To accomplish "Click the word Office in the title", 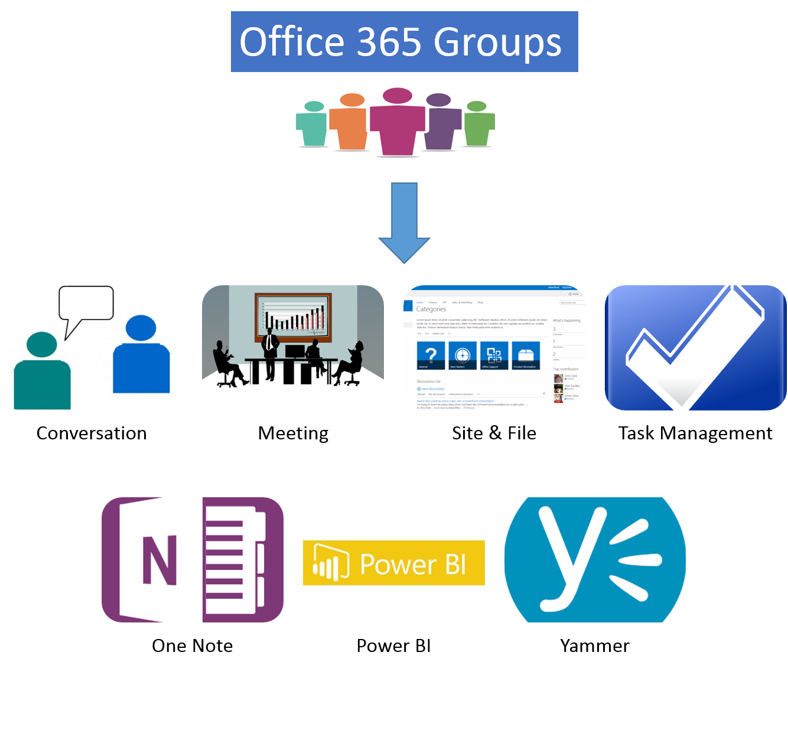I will (x=291, y=42).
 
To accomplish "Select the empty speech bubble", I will (x=86, y=304).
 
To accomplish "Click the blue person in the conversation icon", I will (x=141, y=357).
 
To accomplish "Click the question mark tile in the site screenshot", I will (x=431, y=356).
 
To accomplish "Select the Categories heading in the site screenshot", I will (x=431, y=309).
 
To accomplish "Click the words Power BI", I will (x=413, y=564).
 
